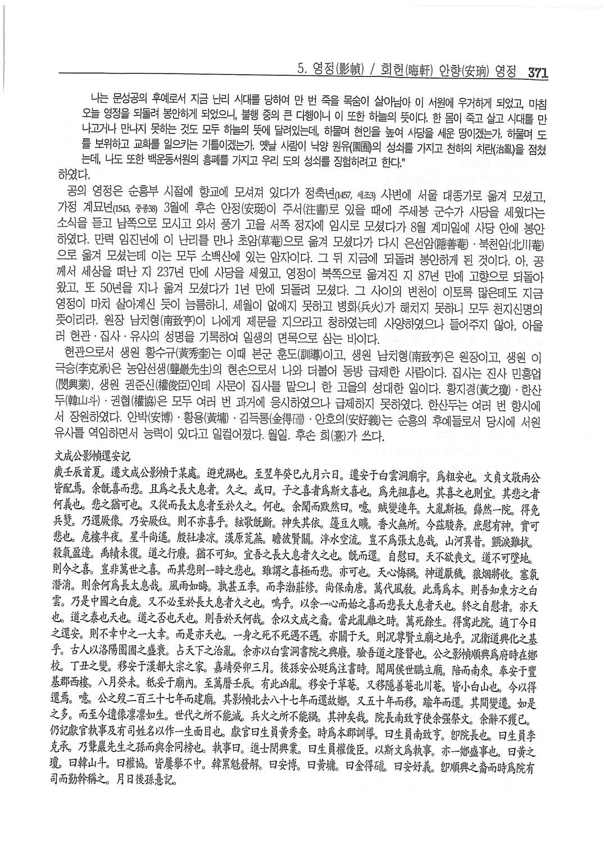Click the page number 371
[x=537, y=72]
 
